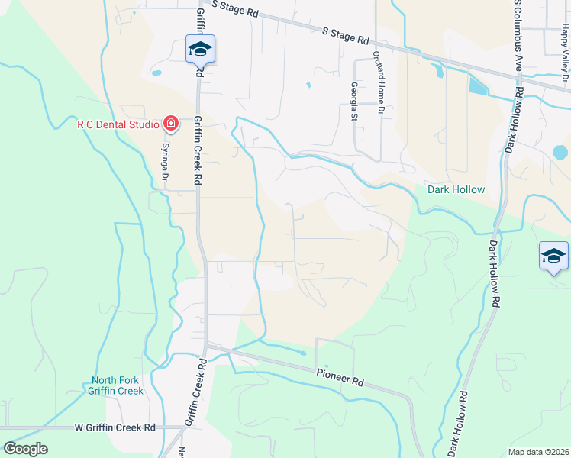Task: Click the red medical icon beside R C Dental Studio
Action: (169, 124)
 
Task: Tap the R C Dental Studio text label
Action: (118, 124)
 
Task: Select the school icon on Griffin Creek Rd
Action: (200, 50)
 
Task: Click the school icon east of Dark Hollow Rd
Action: (553, 256)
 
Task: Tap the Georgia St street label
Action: (354, 102)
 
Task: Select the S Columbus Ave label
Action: (518, 34)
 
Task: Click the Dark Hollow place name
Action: (456, 189)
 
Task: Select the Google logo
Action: (25, 449)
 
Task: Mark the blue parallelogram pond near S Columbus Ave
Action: (478, 85)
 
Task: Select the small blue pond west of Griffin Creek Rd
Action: (156, 74)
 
